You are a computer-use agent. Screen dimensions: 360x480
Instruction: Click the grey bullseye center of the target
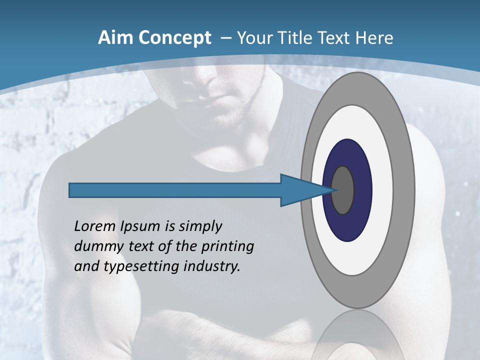tap(343, 190)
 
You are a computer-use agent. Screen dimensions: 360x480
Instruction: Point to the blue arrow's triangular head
tap(300, 190)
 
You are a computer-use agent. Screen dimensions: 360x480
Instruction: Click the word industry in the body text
tap(212, 267)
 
